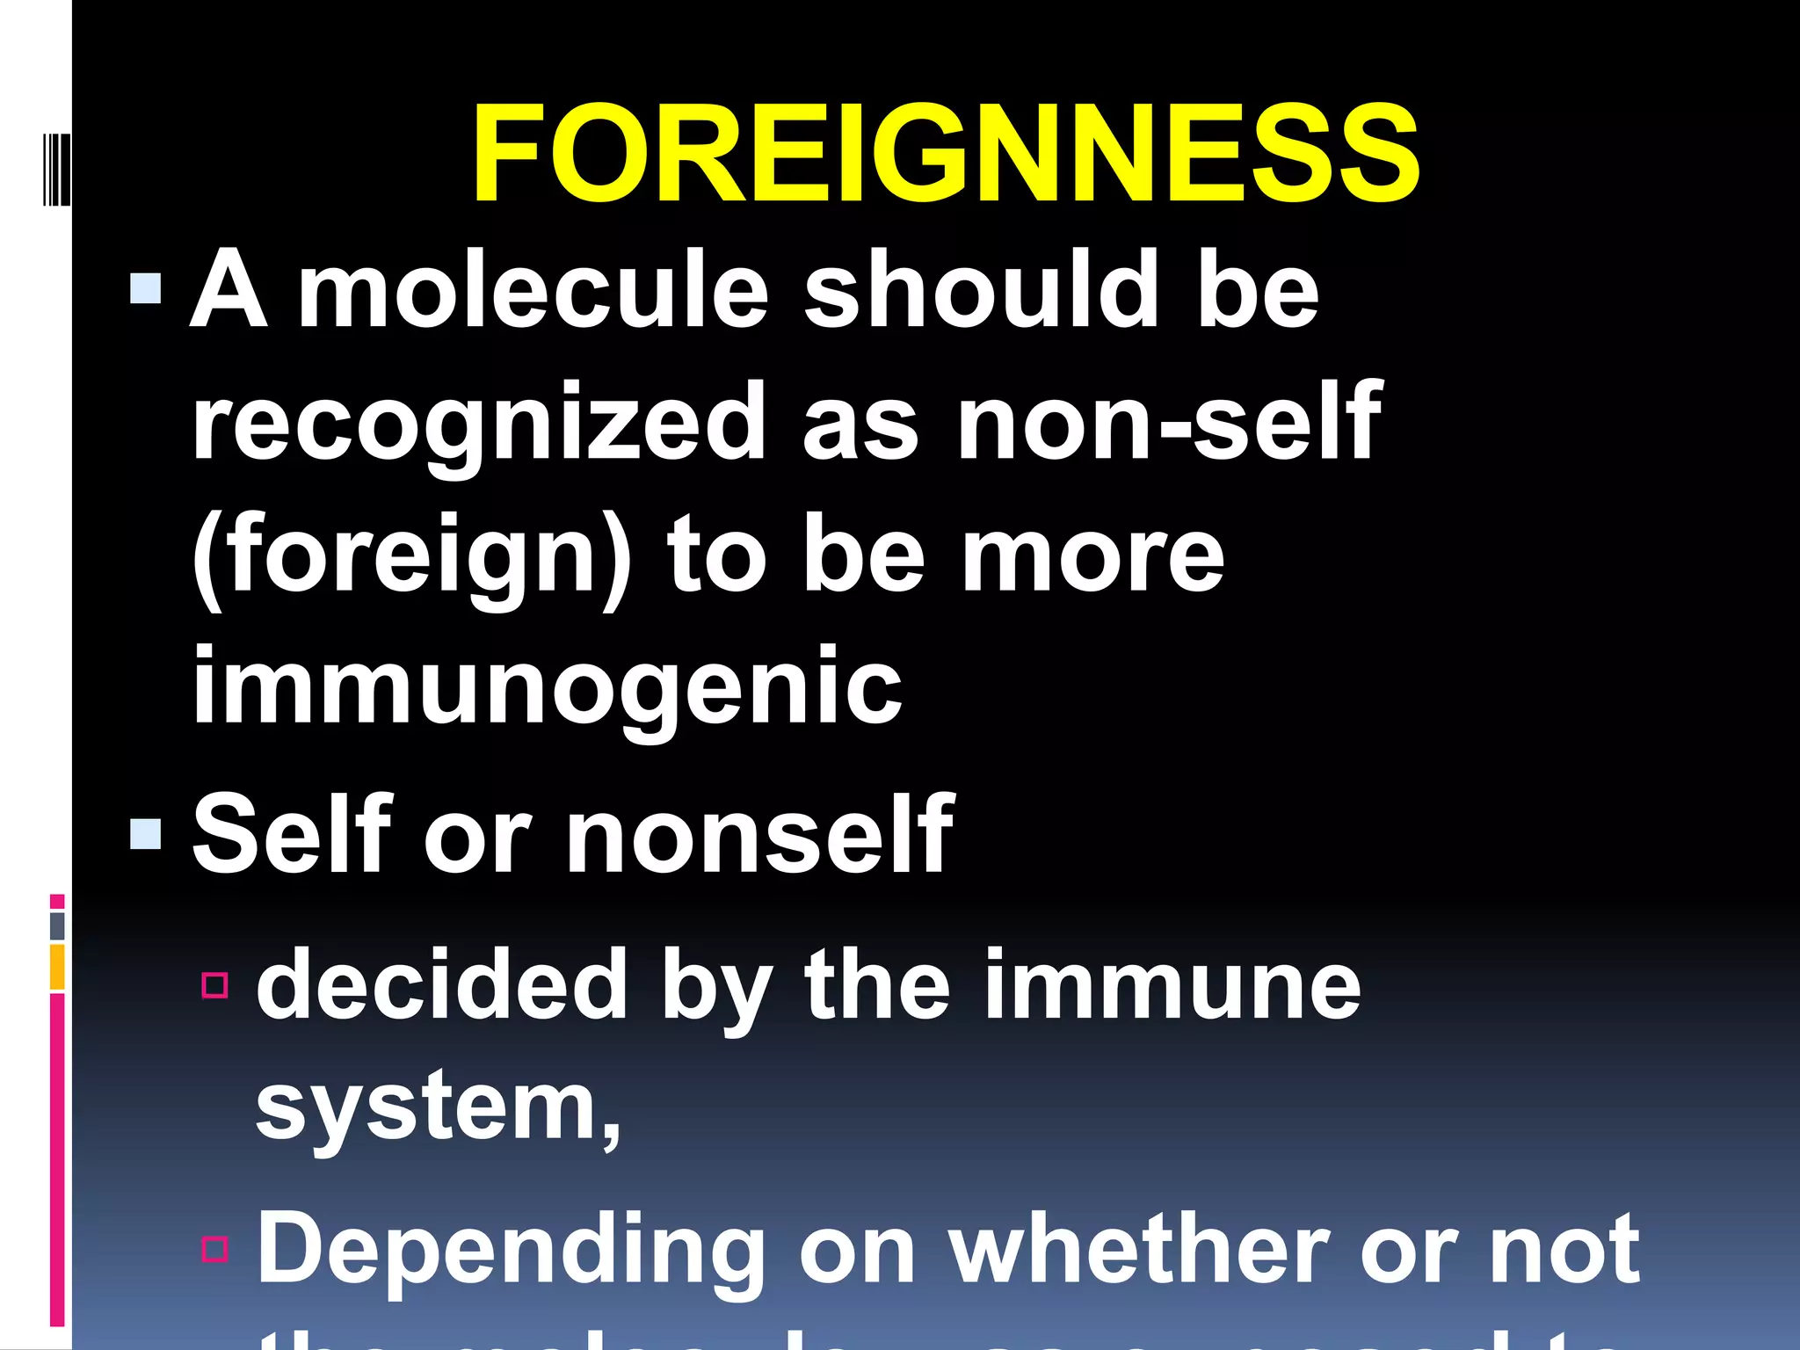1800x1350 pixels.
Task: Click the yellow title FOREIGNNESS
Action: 946,154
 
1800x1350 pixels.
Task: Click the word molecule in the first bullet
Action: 533,289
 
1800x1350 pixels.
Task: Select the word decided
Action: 441,984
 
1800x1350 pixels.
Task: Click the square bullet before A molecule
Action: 145,288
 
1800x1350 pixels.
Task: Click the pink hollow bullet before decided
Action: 215,985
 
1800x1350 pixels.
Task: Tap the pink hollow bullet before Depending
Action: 215,1249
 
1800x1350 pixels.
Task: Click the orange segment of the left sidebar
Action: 57,967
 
